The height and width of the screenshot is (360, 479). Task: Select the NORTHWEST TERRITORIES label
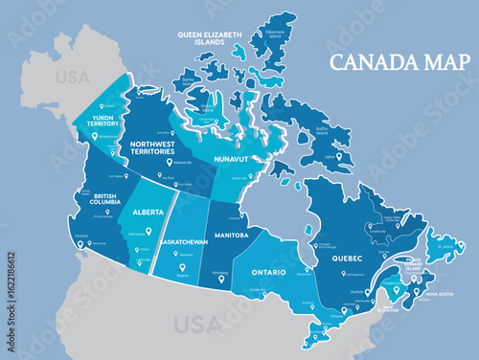(x=150, y=147)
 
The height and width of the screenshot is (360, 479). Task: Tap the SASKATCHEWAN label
(x=184, y=241)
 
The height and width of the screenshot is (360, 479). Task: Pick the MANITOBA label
(x=229, y=235)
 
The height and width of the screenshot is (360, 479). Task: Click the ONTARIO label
(x=269, y=273)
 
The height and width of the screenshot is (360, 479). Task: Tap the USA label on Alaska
(x=72, y=76)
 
